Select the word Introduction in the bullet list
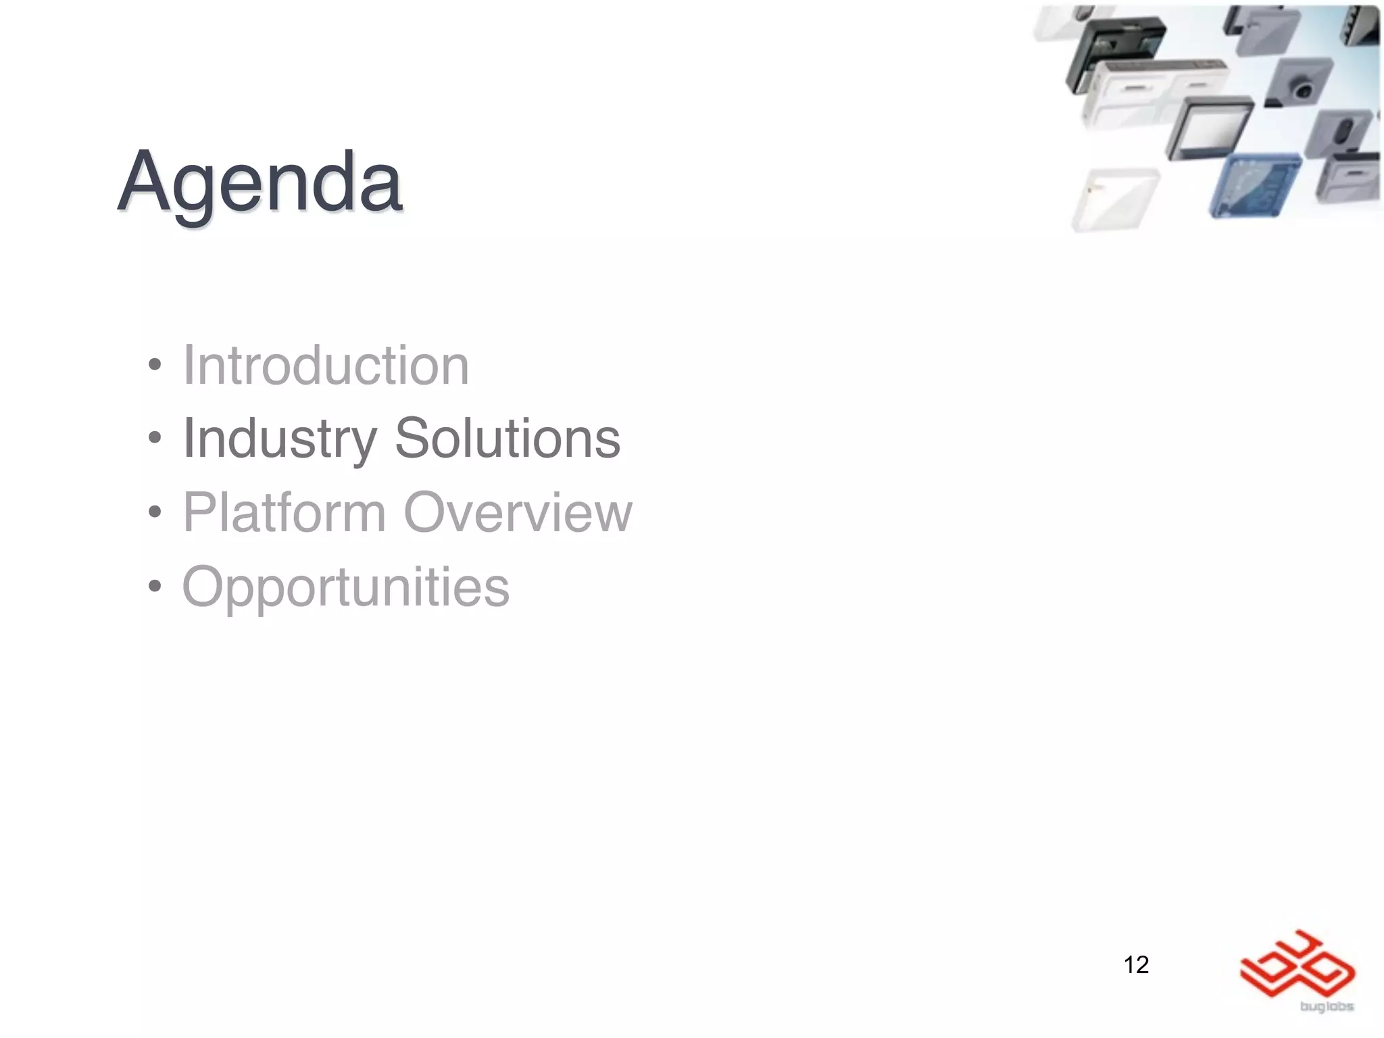[326, 366]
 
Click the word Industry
[280, 439]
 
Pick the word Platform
[285, 512]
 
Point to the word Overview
[518, 512]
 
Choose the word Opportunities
[346, 587]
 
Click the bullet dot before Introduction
[155, 365]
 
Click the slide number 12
[1136, 964]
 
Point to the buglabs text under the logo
[1326, 1007]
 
